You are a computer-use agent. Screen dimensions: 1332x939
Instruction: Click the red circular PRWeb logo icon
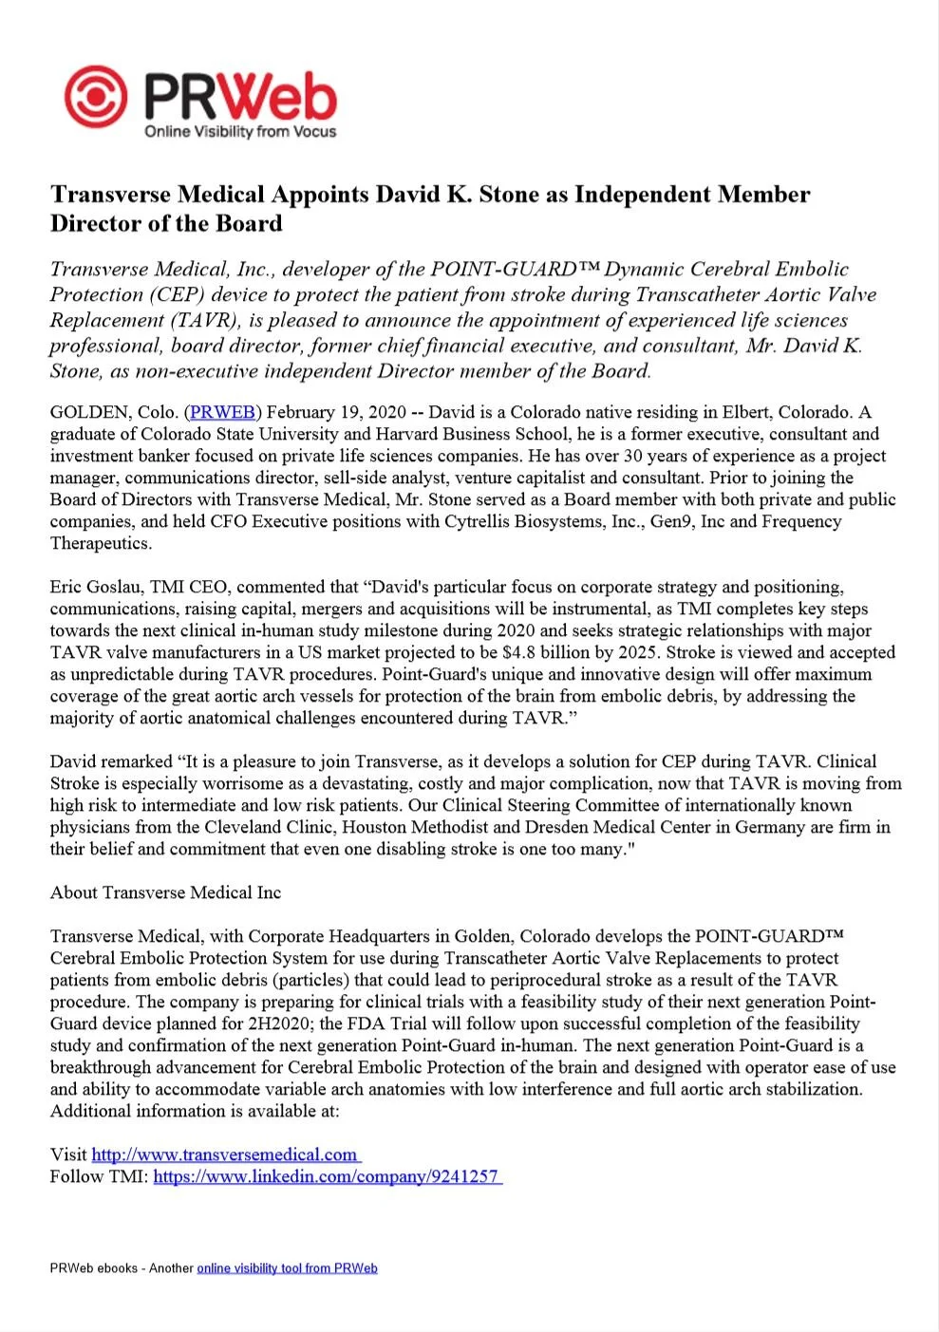95,96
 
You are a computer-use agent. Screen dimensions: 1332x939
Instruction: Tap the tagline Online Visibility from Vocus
240,132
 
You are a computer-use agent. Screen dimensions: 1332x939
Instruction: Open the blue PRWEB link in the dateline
222,412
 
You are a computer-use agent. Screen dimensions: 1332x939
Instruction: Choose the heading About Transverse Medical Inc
165,892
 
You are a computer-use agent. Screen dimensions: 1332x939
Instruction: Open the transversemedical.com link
225,1154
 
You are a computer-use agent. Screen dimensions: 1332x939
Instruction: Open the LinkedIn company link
327,1176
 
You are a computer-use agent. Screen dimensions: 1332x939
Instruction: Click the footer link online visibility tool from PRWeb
287,1268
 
